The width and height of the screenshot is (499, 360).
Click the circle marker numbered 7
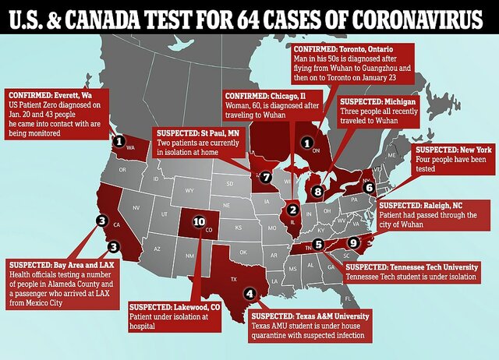point(266,178)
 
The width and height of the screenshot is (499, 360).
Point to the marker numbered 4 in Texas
point(249,294)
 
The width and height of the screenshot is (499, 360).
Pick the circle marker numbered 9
point(353,242)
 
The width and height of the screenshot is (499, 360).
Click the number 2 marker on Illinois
point(292,209)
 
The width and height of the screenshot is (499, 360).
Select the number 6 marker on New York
point(369,187)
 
